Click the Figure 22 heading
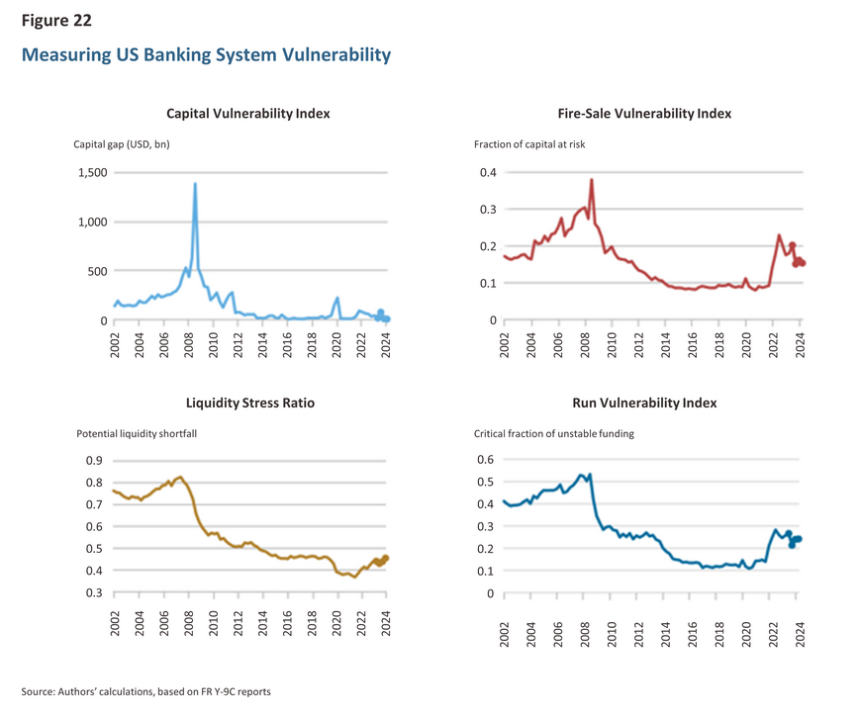point(56,21)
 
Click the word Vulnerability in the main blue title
point(336,55)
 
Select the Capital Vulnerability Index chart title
point(248,114)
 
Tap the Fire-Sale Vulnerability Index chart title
point(644,114)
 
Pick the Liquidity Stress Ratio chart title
point(250,403)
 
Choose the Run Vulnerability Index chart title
point(644,403)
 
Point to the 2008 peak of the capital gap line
point(195,184)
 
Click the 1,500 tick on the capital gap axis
point(93,172)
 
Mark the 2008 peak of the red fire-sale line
point(592,180)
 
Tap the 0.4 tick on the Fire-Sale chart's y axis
point(488,172)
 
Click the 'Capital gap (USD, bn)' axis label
point(122,144)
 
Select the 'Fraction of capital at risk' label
point(529,144)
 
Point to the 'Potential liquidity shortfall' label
point(137,433)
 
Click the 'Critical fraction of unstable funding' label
point(553,433)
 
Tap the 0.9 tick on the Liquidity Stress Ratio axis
point(94,461)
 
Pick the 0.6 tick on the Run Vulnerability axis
point(485,460)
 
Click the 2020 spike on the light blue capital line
point(337,298)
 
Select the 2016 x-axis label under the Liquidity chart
point(287,623)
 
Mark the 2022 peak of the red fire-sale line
point(779,235)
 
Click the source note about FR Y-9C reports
point(146,691)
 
